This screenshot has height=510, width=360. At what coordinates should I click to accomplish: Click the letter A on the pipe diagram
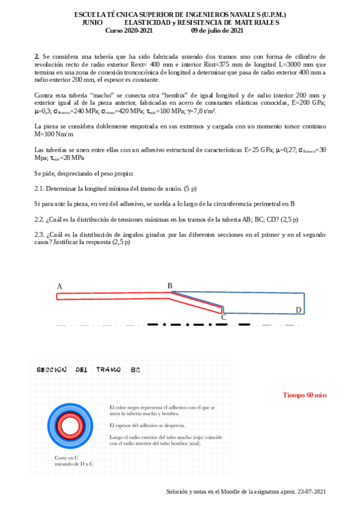(x=59, y=286)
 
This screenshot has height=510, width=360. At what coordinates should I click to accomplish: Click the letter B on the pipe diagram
(x=170, y=286)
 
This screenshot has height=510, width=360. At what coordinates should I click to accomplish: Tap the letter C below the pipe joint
(x=224, y=317)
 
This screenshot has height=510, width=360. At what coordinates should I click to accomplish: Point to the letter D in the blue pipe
(x=298, y=310)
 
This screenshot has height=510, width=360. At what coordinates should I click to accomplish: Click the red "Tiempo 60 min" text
(x=305, y=395)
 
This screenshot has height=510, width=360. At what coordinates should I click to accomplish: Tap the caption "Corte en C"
(x=67, y=458)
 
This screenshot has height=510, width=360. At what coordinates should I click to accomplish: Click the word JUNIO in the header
(x=92, y=22)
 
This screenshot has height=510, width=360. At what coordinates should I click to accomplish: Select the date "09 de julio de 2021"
(x=217, y=30)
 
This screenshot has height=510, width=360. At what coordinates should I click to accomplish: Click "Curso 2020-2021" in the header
(x=129, y=30)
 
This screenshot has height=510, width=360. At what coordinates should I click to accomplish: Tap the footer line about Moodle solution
(x=246, y=492)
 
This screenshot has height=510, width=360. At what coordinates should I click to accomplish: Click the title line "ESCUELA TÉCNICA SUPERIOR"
(x=180, y=14)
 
